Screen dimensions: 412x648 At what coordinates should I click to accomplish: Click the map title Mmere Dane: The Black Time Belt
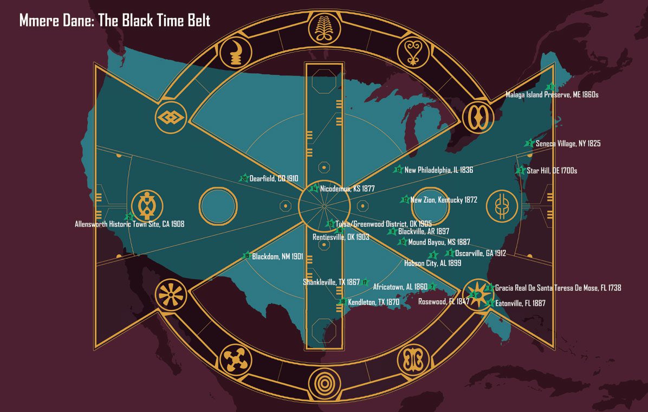click(x=114, y=21)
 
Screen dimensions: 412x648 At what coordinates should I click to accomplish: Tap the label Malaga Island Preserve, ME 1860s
click(x=552, y=94)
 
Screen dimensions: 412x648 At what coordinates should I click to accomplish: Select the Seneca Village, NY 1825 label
click(x=567, y=144)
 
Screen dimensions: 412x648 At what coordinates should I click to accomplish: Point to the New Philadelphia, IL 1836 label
click(x=438, y=170)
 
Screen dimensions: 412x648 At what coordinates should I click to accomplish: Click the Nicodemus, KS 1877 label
click(x=347, y=189)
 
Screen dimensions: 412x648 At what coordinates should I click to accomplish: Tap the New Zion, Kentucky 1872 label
click(x=443, y=200)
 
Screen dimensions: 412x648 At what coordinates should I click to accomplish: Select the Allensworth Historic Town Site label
click(x=129, y=224)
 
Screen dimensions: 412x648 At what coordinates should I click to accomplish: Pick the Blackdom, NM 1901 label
click(x=277, y=256)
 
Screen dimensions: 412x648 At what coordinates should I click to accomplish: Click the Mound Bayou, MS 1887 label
click(x=439, y=242)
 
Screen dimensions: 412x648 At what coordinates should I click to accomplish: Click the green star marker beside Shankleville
click(x=365, y=282)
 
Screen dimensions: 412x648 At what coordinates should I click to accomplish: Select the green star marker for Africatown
click(x=432, y=287)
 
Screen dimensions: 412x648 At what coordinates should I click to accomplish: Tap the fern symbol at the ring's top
click(x=324, y=28)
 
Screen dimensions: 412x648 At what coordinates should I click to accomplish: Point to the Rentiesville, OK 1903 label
click(x=340, y=237)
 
